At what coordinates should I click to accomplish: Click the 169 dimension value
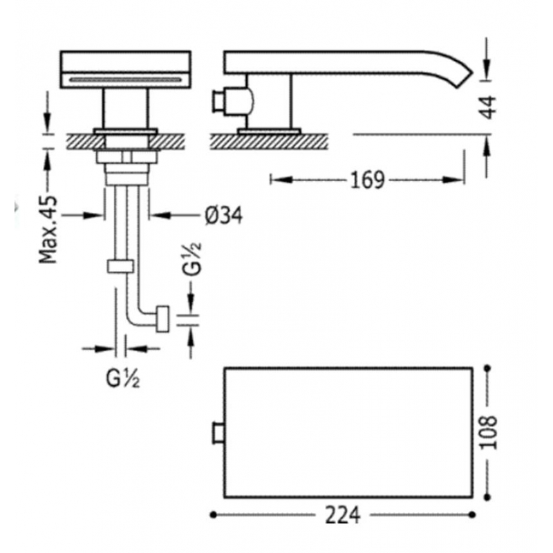[x=367, y=180]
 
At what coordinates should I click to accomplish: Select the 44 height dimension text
[x=487, y=107]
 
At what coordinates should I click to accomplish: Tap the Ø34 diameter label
[x=224, y=215]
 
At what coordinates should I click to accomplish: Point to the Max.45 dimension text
[x=48, y=229]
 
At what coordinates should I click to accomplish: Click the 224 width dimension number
[x=342, y=515]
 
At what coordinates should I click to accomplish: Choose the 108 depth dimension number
[x=489, y=433]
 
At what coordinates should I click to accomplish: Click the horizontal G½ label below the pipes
[x=123, y=379]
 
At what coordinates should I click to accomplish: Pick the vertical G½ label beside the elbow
[x=192, y=258]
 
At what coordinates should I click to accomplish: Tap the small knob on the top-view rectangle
[x=218, y=433]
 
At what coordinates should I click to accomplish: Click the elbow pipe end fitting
[x=162, y=319]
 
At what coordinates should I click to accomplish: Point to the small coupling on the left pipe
[x=120, y=266]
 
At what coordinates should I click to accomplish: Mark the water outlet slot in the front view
[x=125, y=80]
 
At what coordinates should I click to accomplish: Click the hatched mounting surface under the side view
[x=269, y=142]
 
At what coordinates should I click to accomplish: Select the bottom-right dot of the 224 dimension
[x=472, y=515]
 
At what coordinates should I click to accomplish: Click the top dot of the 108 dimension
[x=487, y=368]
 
